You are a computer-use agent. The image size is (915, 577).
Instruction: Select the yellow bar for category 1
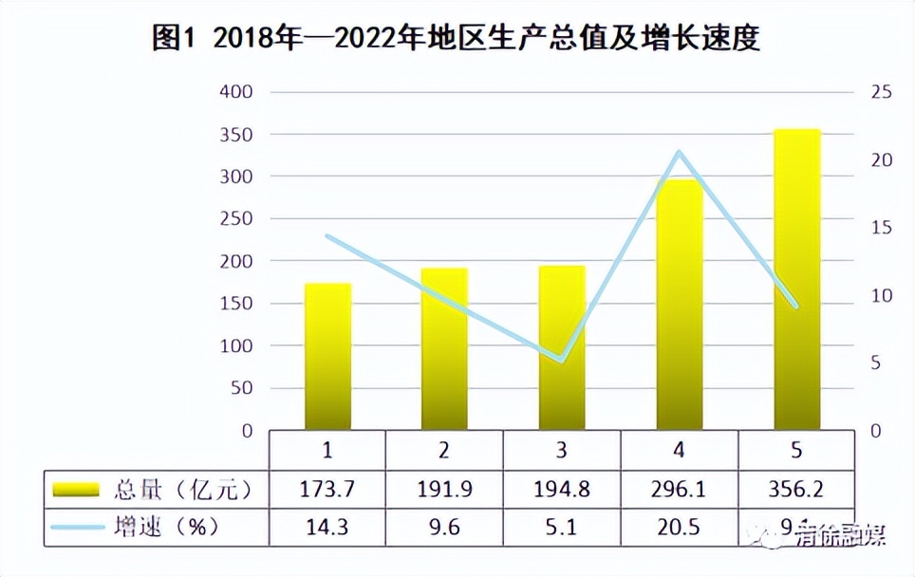click(327, 356)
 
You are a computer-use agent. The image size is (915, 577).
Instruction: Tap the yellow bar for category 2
click(444, 348)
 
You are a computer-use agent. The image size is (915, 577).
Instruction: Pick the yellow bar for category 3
click(562, 347)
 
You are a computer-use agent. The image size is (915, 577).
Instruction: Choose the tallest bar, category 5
click(796, 279)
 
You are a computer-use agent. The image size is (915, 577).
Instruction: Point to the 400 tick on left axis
click(236, 92)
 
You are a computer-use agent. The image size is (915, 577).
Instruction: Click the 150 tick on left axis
click(236, 304)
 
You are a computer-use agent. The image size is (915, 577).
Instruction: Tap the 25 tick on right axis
click(882, 92)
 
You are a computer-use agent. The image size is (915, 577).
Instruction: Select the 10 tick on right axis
click(882, 295)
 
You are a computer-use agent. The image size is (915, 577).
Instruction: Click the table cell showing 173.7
click(327, 490)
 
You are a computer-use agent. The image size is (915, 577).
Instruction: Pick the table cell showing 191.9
click(444, 490)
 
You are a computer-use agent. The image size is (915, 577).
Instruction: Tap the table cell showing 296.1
click(680, 490)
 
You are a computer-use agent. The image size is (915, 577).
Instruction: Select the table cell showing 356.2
click(796, 490)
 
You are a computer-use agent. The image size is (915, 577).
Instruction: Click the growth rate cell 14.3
click(327, 527)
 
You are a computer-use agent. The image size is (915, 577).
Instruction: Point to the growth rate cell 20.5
click(680, 527)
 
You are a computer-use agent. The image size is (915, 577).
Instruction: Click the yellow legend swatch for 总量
click(76, 490)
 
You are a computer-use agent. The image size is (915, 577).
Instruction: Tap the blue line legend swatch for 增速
click(76, 527)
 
